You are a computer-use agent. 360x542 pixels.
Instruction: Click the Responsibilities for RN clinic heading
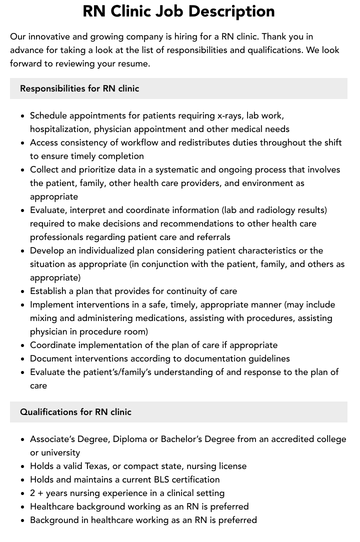pyautogui.click(x=79, y=88)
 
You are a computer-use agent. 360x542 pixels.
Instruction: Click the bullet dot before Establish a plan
pyautogui.click(x=22, y=291)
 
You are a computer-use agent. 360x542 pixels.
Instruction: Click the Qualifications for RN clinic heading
pyautogui.click(x=75, y=412)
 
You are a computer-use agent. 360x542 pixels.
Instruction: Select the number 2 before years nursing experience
pyautogui.click(x=32, y=493)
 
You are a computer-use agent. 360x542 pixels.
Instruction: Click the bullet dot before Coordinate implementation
pyautogui.click(x=22, y=345)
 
